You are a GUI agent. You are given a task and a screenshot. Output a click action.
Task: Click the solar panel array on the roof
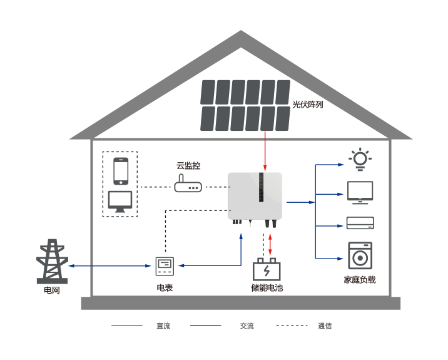click(x=245, y=105)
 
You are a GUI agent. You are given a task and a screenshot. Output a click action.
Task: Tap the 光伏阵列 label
click(x=308, y=105)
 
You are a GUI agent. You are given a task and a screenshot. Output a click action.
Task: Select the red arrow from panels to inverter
click(x=265, y=151)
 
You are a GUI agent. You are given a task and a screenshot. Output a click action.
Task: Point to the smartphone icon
click(x=121, y=171)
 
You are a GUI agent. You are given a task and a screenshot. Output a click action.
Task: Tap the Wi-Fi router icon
click(x=188, y=184)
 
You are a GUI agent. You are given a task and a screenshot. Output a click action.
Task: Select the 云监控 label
click(x=188, y=166)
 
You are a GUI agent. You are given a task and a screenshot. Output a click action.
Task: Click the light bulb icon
click(x=360, y=159)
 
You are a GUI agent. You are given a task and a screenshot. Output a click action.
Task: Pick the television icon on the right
click(x=360, y=192)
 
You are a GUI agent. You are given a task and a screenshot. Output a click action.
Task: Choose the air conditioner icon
click(x=360, y=223)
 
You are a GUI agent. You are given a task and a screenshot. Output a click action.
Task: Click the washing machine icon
click(x=360, y=255)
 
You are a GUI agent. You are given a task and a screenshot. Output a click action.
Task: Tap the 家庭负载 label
click(x=360, y=280)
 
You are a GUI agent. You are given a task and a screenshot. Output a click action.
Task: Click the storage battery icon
click(x=267, y=270)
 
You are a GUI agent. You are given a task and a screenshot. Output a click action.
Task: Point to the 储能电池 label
click(x=267, y=288)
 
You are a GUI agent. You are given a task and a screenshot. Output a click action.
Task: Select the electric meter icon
click(x=165, y=266)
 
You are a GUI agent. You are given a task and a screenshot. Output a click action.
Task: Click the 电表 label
click(x=165, y=288)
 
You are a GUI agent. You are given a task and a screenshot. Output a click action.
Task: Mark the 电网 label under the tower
click(x=52, y=291)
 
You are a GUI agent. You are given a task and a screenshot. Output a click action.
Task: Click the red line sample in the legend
click(x=127, y=326)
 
